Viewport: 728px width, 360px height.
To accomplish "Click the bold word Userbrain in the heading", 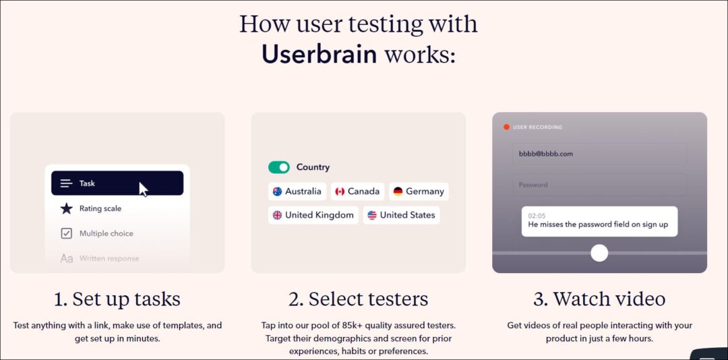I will pyautogui.click(x=319, y=54).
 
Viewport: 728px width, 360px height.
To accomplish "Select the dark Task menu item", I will pyautogui.click(x=117, y=183).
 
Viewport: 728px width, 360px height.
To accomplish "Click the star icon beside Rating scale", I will pyautogui.click(x=66, y=208).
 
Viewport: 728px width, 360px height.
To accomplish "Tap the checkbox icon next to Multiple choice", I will pyautogui.click(x=66, y=233).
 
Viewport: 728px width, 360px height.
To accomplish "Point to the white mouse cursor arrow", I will pyautogui.click(x=143, y=188).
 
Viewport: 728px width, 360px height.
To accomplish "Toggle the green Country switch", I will pyautogui.click(x=279, y=167).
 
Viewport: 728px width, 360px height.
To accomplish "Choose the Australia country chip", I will pyautogui.click(x=297, y=191).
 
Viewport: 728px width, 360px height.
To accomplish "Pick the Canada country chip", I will pyautogui.click(x=357, y=191).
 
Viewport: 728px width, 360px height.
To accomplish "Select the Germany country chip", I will pyautogui.click(x=419, y=191).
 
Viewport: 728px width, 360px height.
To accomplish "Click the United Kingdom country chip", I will pyautogui.click(x=313, y=215).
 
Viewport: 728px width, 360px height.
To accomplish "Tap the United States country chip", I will pyautogui.click(x=401, y=215).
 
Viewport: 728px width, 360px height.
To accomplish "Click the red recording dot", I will pyautogui.click(x=506, y=127).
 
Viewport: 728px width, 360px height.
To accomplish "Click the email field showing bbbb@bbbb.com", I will pyautogui.click(x=599, y=154).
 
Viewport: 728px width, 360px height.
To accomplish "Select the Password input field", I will pyautogui.click(x=599, y=185).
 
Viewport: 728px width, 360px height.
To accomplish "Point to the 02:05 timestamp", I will pyautogui.click(x=537, y=215).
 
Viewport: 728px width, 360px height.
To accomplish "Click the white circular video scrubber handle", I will pyautogui.click(x=599, y=253).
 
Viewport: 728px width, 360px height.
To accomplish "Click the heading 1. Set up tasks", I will pyautogui.click(x=117, y=299).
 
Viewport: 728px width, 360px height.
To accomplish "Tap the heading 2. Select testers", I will pyautogui.click(x=359, y=299).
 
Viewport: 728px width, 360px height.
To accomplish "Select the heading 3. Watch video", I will pyautogui.click(x=599, y=299).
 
